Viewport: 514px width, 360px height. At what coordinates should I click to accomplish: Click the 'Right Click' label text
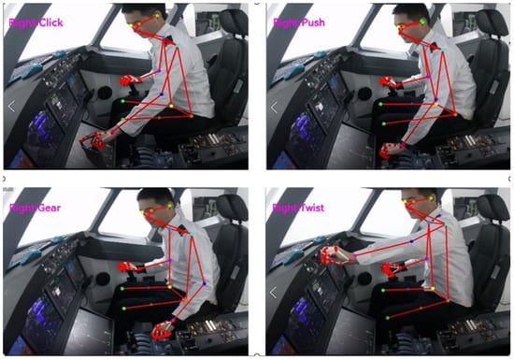[x=36, y=22]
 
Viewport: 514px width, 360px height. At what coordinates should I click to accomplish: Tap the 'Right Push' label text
[x=299, y=22]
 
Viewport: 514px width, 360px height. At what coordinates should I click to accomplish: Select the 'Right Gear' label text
[x=36, y=208]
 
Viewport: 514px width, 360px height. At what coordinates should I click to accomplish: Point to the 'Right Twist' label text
[x=298, y=208]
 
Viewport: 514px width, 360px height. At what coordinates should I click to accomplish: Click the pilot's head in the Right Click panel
[x=144, y=21]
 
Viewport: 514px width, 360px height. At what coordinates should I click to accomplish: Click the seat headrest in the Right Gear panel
[x=232, y=208]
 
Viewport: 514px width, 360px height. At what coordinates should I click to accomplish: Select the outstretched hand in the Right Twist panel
[x=334, y=255]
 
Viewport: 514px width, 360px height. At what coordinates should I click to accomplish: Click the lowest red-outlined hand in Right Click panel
[x=93, y=140]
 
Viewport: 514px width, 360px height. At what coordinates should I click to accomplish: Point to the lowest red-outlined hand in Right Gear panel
[x=162, y=330]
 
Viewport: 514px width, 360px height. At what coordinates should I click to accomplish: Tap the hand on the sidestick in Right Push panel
[x=388, y=81]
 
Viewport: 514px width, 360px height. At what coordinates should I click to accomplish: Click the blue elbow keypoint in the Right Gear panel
[x=205, y=283]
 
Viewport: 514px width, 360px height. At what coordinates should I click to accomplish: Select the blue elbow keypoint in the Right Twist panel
[x=411, y=241]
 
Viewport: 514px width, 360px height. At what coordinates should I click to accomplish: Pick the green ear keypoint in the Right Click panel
[x=157, y=16]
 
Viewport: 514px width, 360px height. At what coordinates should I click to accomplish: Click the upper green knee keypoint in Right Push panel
[x=381, y=105]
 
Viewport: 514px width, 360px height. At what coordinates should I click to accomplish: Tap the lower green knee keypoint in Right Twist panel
[x=388, y=318]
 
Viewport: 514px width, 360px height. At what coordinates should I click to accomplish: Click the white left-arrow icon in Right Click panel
[x=11, y=107]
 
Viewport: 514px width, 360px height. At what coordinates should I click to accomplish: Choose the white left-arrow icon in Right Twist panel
[x=274, y=292]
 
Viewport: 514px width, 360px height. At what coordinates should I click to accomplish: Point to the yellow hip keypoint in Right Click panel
[x=171, y=106]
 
